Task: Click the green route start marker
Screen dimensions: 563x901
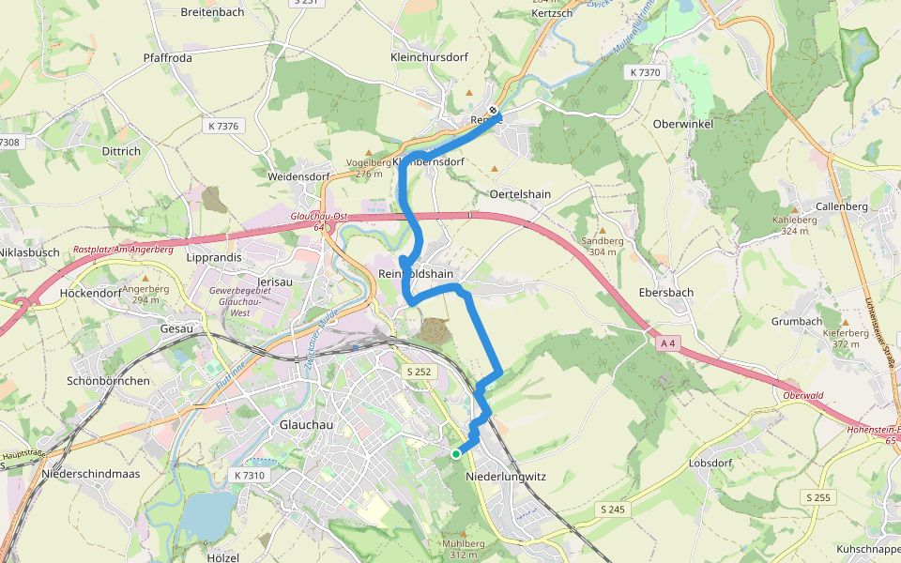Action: click(456, 454)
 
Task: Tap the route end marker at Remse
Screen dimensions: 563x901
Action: click(494, 111)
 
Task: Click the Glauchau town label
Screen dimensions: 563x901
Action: click(308, 424)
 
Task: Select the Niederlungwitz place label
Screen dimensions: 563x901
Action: click(505, 477)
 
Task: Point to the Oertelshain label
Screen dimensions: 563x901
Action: click(520, 194)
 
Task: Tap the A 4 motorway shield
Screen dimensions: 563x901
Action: click(668, 344)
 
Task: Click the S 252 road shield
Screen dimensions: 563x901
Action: click(420, 373)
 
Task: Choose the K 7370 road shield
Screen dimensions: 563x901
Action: click(646, 72)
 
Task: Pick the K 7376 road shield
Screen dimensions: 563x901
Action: click(221, 125)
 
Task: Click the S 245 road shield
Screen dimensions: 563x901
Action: click(611, 509)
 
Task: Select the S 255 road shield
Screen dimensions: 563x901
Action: click(817, 497)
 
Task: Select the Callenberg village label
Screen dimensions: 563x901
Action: click(842, 205)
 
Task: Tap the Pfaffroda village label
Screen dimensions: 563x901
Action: click(168, 57)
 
